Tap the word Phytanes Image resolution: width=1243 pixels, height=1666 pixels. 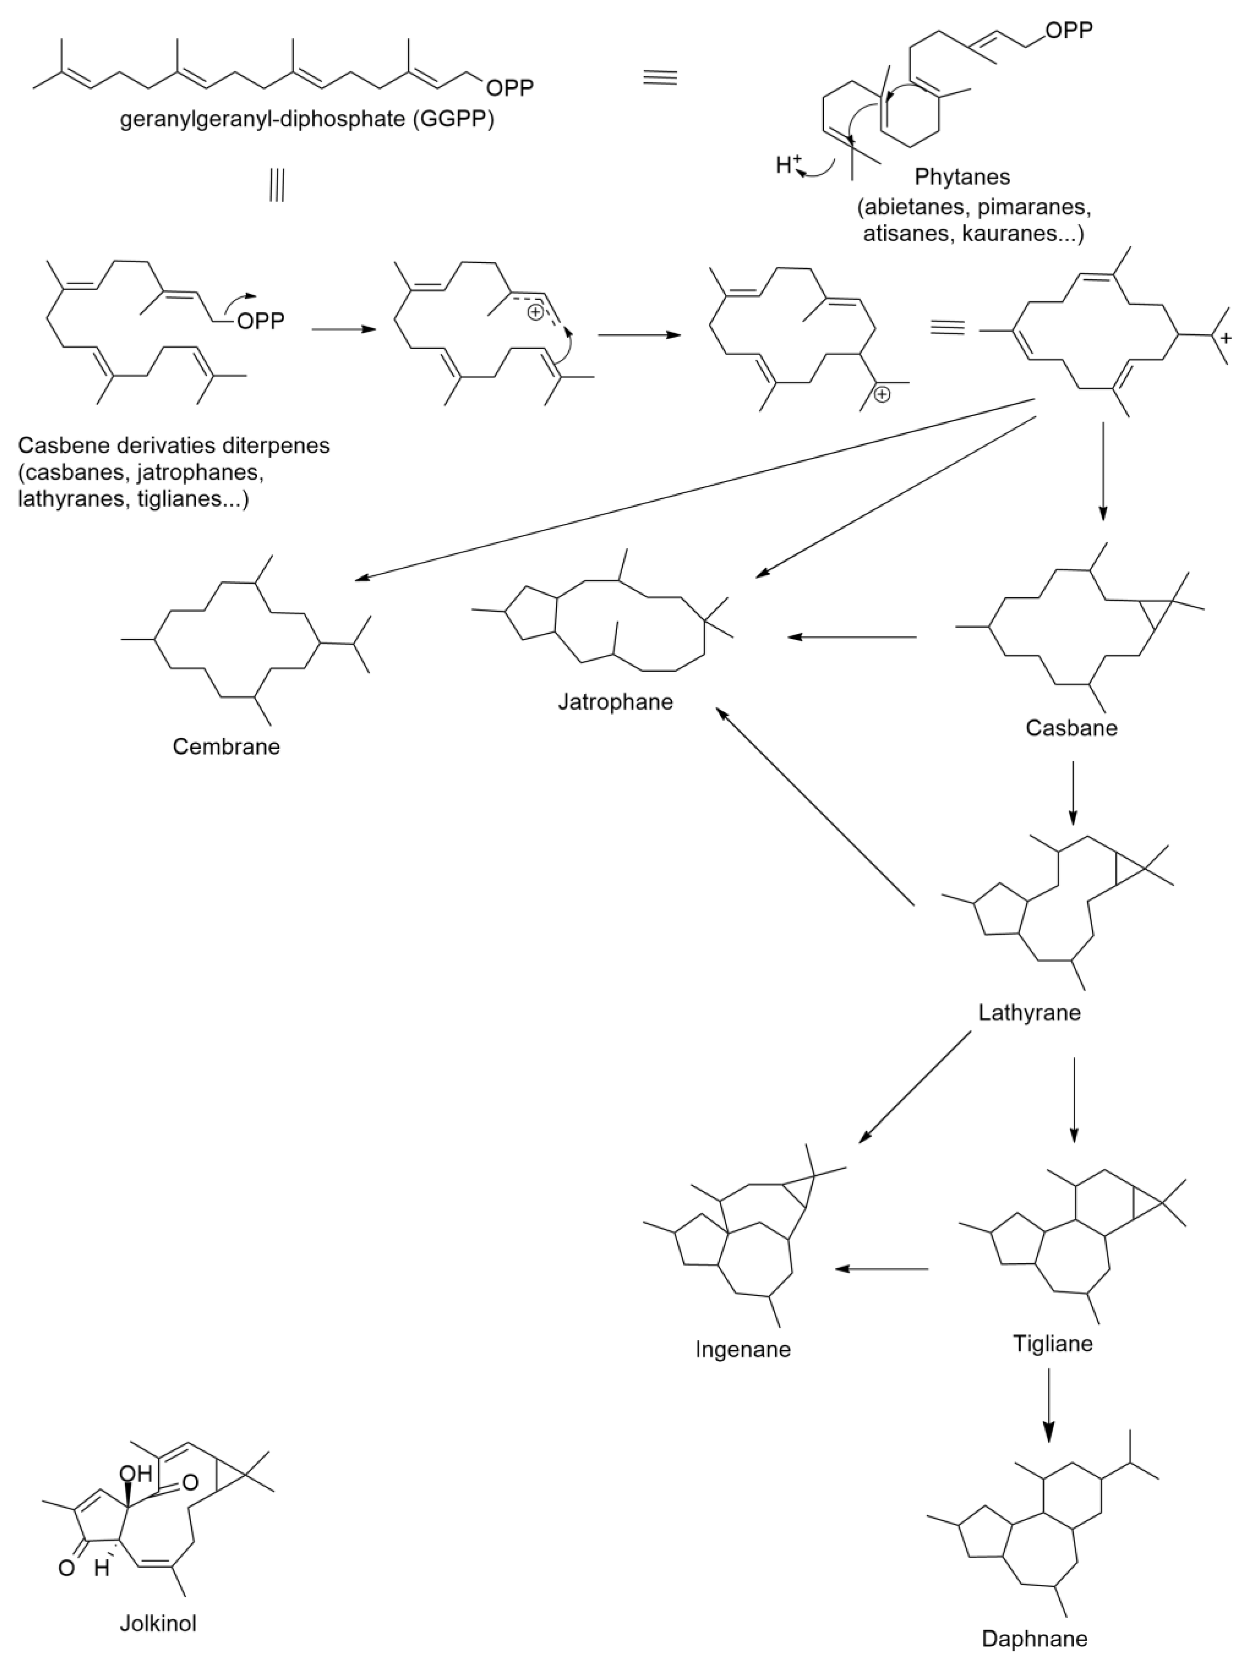pos(962,177)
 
